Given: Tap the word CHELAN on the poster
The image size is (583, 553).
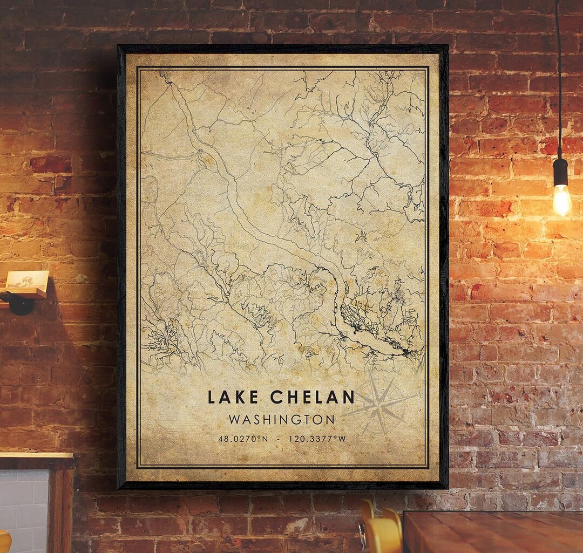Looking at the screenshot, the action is (312, 398).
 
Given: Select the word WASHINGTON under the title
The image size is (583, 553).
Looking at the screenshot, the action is (281, 419).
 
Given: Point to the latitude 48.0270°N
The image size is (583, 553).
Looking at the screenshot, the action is (242, 439).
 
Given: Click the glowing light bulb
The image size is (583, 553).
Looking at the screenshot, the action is (562, 201).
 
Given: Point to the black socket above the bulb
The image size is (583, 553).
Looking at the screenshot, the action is (560, 172).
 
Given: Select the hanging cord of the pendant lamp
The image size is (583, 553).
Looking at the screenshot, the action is (558, 81).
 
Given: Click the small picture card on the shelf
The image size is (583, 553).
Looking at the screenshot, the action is (27, 279).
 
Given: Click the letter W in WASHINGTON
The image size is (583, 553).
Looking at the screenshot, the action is (234, 419).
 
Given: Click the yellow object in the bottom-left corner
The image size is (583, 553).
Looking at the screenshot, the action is (4, 542).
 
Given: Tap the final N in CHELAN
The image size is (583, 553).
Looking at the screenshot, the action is (348, 398).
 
